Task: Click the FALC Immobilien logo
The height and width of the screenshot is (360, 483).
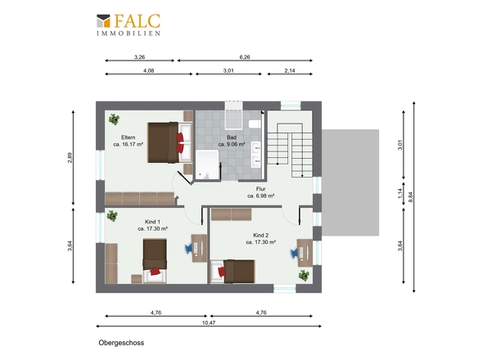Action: (129, 25)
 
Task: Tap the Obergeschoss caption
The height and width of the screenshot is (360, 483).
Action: (121, 343)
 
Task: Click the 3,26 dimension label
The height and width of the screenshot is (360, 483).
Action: (139, 57)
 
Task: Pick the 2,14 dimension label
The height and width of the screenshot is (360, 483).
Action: (290, 70)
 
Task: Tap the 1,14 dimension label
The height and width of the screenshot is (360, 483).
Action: (399, 193)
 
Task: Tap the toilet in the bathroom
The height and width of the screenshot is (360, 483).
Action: (255, 124)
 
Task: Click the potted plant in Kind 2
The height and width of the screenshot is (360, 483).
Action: (304, 275)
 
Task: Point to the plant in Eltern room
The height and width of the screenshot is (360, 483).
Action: (115, 119)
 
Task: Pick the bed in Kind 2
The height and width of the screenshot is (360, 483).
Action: (232, 272)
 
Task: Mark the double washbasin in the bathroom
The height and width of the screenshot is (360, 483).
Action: (256, 155)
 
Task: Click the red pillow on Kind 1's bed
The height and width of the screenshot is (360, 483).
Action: (156, 272)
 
